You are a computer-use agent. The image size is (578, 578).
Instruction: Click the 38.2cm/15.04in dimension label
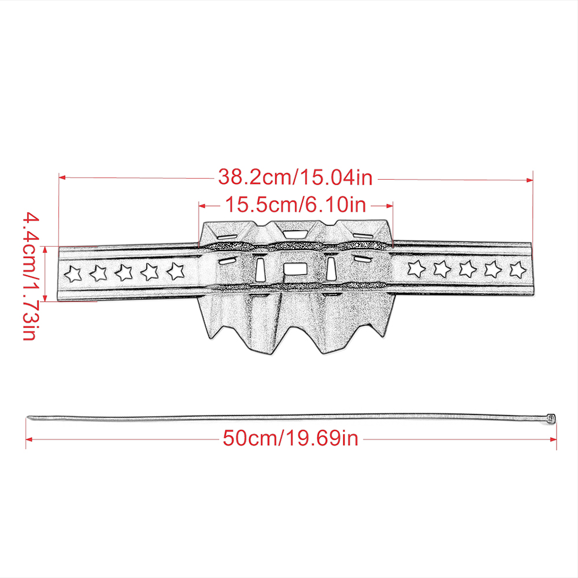click(295, 177)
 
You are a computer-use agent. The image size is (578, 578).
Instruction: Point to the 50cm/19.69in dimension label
click(291, 439)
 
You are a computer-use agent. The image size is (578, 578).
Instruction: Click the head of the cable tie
click(550, 418)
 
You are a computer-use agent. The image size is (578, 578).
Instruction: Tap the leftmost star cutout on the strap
click(72, 272)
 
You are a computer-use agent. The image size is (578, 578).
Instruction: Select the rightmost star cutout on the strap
click(517, 268)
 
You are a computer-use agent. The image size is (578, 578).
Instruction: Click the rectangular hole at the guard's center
click(295, 268)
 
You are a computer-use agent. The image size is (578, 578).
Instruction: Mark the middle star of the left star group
click(124, 272)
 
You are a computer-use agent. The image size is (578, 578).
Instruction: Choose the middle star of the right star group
click(466, 268)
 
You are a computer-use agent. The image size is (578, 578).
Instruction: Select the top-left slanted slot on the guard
click(226, 236)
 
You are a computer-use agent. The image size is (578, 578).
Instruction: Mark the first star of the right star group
click(414, 268)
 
